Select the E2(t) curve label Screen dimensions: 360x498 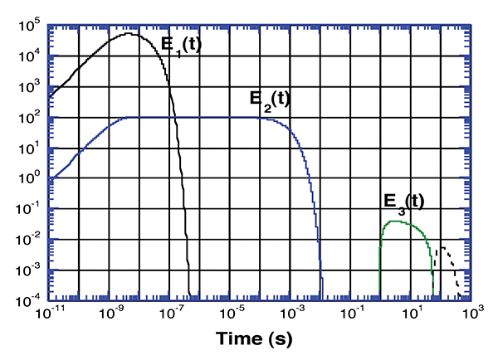tap(269, 101)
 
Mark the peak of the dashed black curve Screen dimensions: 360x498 tap(444, 247)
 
